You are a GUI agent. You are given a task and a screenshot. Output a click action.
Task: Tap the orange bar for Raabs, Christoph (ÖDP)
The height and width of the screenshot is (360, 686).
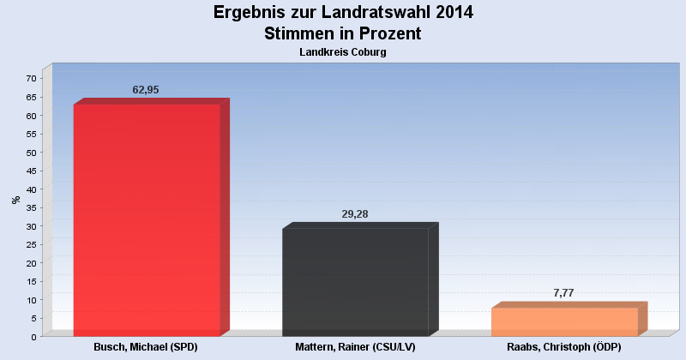(x=564, y=321)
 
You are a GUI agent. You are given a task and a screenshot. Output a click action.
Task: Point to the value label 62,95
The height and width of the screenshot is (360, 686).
(x=146, y=89)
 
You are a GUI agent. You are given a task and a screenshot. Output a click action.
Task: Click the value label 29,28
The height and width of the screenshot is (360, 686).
(x=355, y=213)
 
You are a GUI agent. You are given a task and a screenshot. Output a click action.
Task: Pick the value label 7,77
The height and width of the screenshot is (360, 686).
(x=563, y=293)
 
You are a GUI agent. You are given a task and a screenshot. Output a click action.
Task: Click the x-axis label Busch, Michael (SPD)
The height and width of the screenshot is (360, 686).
(x=147, y=347)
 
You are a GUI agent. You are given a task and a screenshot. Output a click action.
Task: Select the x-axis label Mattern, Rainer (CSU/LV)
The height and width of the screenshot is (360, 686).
(x=355, y=347)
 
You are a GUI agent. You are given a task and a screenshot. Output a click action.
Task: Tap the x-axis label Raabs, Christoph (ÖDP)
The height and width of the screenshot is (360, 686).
(x=563, y=347)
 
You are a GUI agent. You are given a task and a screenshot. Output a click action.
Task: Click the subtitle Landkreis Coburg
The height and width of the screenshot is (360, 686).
(x=343, y=52)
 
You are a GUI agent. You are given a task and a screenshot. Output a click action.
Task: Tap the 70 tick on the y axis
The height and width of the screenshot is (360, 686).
(x=31, y=78)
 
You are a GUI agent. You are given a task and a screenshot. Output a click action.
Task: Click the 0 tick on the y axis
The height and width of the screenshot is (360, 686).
(x=33, y=337)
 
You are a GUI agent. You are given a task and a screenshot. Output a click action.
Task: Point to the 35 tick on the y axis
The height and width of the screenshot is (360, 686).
(x=31, y=207)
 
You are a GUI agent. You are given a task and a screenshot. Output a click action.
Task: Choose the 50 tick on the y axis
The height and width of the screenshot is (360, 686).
(x=31, y=153)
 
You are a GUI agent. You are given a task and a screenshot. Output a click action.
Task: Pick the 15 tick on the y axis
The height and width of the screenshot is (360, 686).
(x=31, y=281)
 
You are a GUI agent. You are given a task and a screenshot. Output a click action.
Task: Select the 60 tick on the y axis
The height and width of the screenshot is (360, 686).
(x=31, y=116)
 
